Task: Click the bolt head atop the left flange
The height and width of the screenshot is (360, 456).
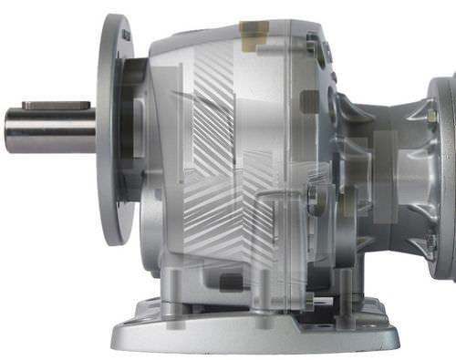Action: [126, 35]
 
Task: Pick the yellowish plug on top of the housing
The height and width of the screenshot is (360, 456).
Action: [254, 30]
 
